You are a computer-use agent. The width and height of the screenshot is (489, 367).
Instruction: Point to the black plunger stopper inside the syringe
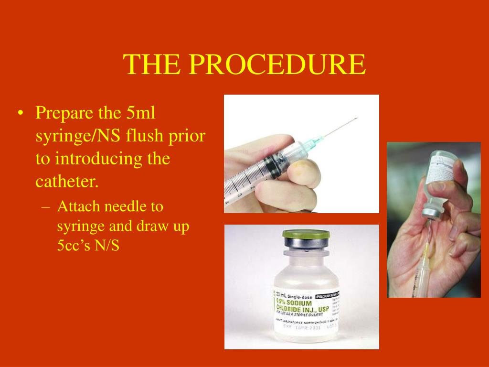(272, 167)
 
